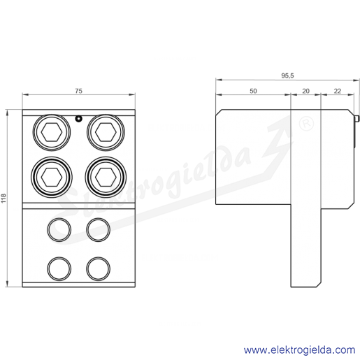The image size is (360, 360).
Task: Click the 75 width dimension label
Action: point(79,91)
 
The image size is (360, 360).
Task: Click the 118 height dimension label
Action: point(3,198)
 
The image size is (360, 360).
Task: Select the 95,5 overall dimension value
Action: point(287,75)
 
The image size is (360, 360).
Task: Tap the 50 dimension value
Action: point(253,91)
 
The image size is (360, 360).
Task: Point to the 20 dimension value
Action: point(305,91)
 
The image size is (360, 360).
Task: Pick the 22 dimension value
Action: point(338,91)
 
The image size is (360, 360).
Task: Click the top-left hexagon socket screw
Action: point(52,132)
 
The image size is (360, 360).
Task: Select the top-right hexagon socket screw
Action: point(106,132)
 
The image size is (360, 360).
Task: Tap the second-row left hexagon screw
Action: point(52,177)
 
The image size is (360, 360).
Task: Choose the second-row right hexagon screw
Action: point(106,177)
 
